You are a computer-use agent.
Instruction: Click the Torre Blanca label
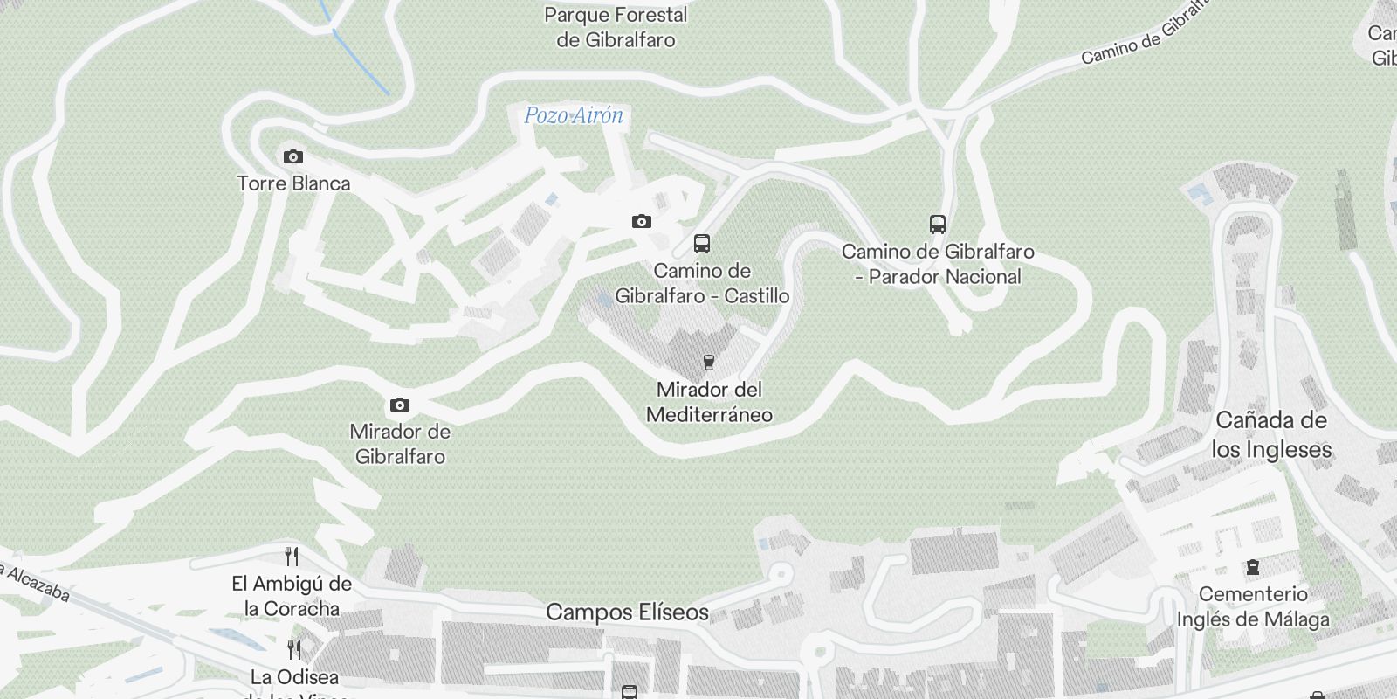tap(293, 183)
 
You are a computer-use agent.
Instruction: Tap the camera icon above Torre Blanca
tap(293, 157)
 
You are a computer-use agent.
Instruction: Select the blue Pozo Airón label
tap(574, 116)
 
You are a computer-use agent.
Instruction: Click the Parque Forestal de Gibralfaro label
tap(616, 27)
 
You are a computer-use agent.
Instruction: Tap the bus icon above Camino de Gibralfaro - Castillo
tap(702, 244)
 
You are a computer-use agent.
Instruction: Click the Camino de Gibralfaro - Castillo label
tap(702, 283)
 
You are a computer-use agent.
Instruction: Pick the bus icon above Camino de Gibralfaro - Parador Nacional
tap(938, 225)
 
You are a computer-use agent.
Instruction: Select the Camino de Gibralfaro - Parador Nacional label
tap(938, 264)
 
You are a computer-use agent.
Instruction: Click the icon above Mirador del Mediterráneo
tap(709, 363)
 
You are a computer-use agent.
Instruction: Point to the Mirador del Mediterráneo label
tap(709, 401)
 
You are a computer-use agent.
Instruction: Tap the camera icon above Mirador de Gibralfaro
tap(400, 405)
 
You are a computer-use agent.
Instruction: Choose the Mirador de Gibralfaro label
tap(400, 444)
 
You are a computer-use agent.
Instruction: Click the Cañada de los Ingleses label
tap(1271, 434)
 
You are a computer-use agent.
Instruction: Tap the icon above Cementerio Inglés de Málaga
tap(1253, 568)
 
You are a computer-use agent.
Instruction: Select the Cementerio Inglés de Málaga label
tap(1253, 606)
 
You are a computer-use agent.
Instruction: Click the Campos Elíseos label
tap(627, 612)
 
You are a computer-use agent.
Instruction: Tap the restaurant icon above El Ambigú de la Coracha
tap(292, 557)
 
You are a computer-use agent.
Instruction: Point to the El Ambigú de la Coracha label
tap(292, 596)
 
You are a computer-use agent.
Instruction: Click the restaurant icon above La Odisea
tap(294, 650)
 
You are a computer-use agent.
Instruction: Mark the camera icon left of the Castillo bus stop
tap(642, 222)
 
